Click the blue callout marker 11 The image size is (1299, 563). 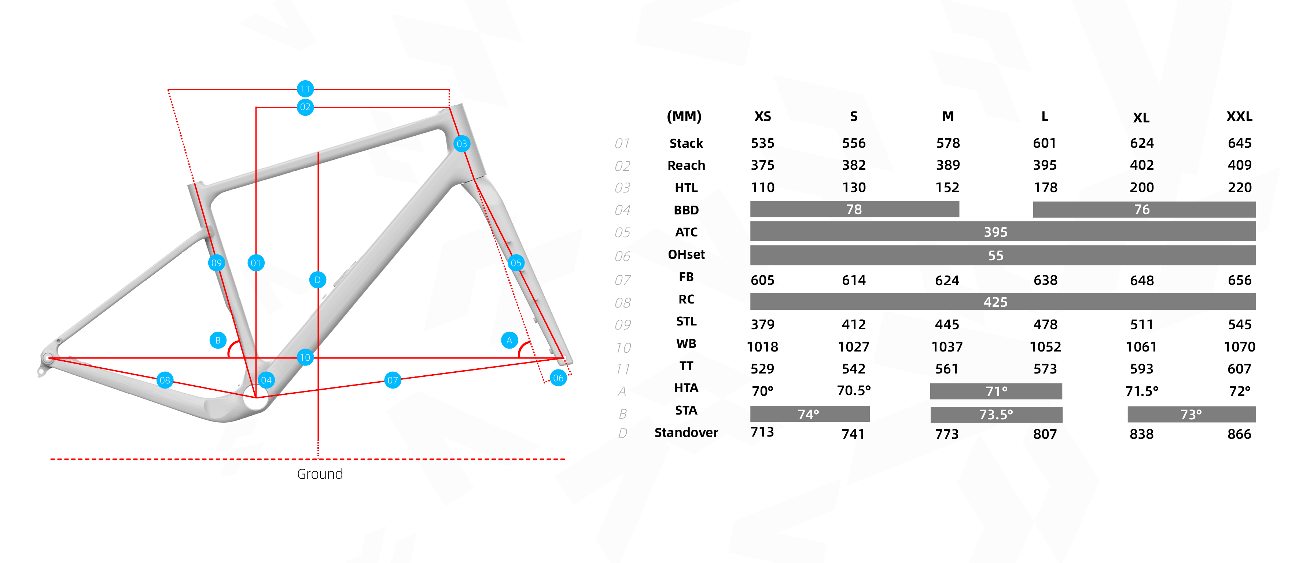(305, 89)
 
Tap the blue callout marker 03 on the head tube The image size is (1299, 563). (461, 144)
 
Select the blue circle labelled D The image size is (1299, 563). (318, 280)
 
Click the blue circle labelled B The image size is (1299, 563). (218, 340)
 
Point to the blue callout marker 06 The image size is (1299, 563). (558, 378)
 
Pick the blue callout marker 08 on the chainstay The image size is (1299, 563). (165, 380)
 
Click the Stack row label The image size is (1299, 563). (686, 143)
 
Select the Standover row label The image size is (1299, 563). (686, 433)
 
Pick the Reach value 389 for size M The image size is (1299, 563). (948, 165)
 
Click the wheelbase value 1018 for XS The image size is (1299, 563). (762, 347)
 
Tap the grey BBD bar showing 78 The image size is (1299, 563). (854, 209)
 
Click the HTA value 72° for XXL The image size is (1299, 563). (1240, 391)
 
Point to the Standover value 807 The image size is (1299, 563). (1045, 434)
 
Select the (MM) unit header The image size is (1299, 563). (684, 117)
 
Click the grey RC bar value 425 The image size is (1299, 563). (996, 302)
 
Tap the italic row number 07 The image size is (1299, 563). (623, 280)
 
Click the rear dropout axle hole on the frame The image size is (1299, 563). (48, 358)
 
